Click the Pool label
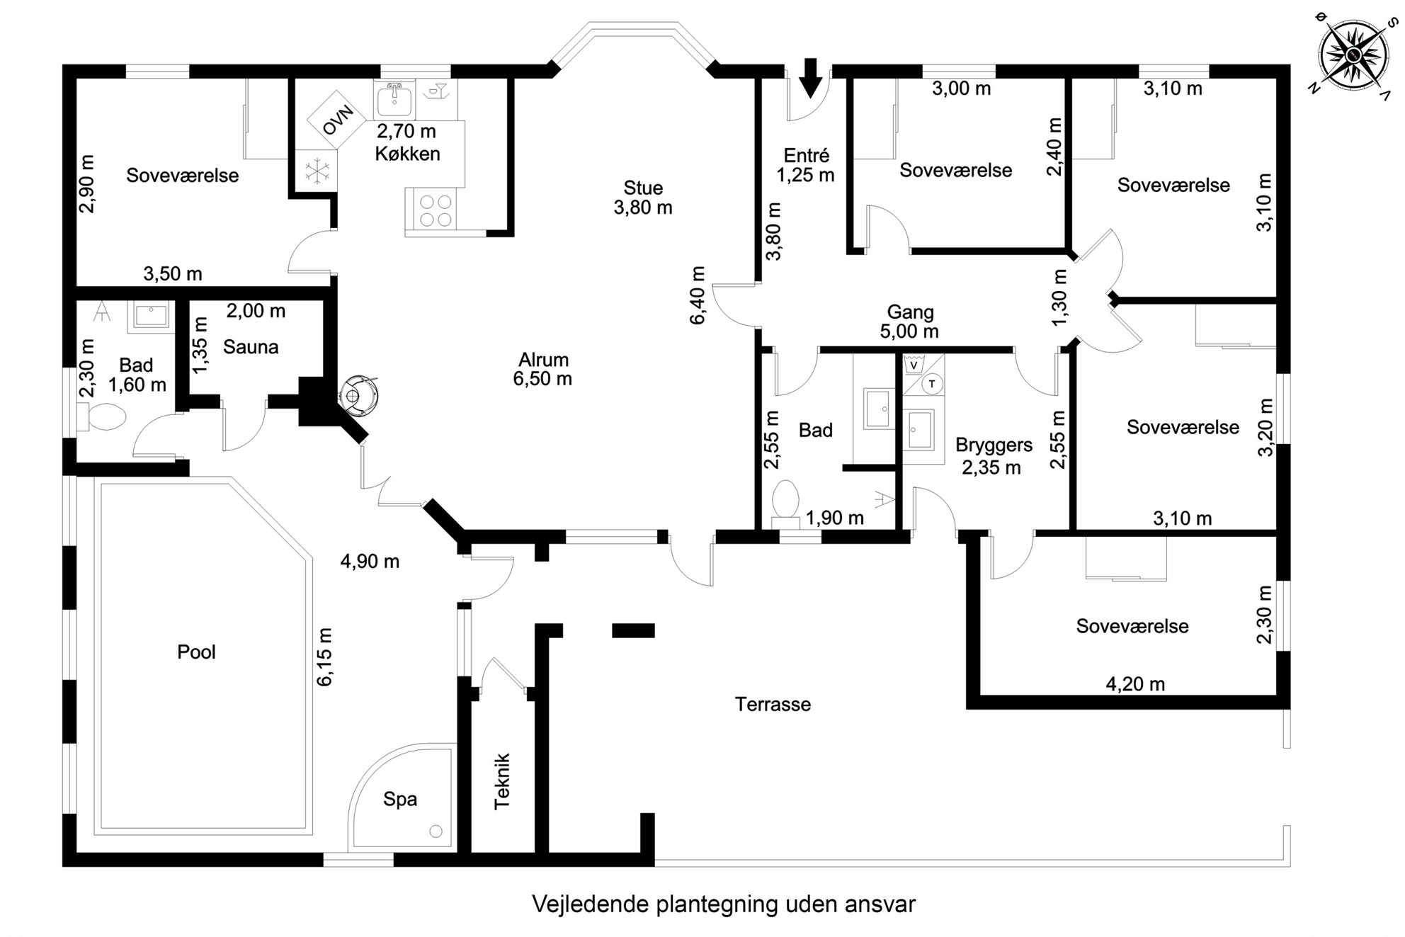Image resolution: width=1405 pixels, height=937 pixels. pos(196,652)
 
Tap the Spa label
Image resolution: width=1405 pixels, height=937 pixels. pos(400,800)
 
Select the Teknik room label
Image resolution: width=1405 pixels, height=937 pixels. pos(502,781)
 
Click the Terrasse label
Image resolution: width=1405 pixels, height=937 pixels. pos(773,705)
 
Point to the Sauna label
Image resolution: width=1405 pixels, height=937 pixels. pos(251,347)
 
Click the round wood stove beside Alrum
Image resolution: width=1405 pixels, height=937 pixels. pos(360,394)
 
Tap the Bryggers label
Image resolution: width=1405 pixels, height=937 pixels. pos(994,445)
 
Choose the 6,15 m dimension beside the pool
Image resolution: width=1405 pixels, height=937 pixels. pos(324,657)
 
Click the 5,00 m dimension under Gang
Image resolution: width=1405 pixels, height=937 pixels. pos(909,331)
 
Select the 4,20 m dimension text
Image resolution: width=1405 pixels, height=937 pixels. pos(1135,684)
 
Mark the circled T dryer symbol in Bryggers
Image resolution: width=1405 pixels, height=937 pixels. pos(933,384)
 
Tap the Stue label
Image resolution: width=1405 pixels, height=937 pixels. pos(643,188)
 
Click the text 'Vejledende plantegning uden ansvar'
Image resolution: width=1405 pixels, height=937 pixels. pos(723,904)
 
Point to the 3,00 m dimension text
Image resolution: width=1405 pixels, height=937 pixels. pos(961,89)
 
